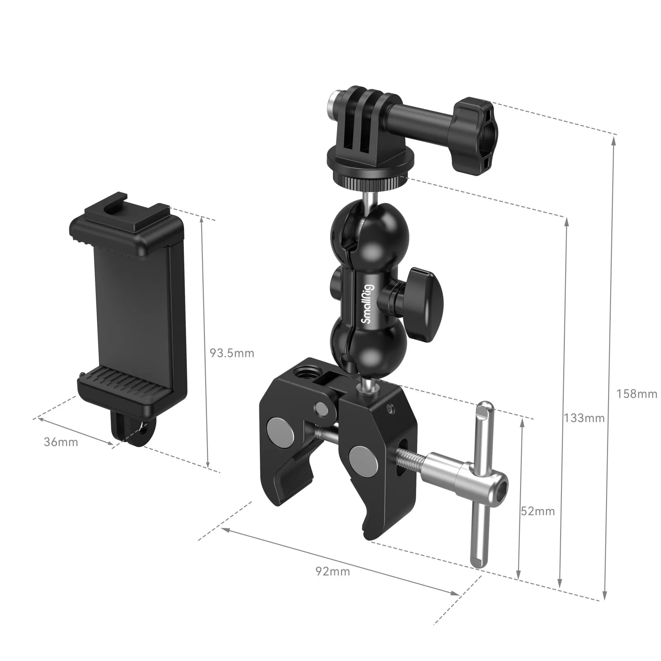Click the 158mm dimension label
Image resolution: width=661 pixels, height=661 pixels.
[637, 394]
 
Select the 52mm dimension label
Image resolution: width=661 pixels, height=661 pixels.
[537, 511]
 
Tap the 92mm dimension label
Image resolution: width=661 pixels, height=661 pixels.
[333, 571]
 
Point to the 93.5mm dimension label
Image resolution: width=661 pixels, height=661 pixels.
[232, 353]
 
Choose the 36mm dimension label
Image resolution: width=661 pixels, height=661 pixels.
[61, 442]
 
